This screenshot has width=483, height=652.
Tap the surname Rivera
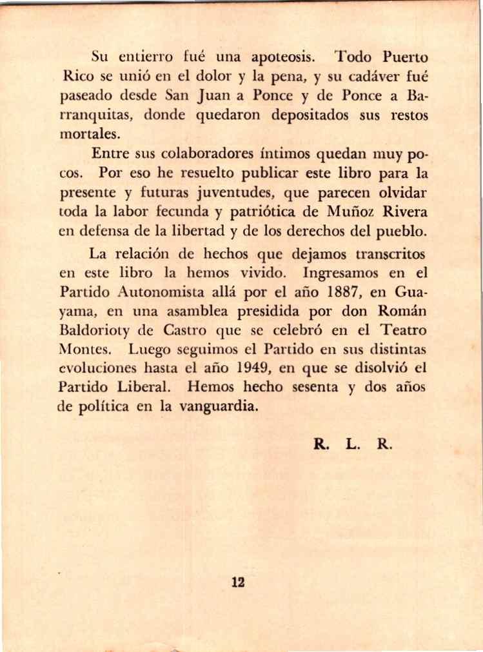[406, 212]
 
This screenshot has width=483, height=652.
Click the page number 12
[238, 583]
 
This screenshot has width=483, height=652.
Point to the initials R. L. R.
[353, 444]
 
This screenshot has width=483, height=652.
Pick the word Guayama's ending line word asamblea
[179, 311]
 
